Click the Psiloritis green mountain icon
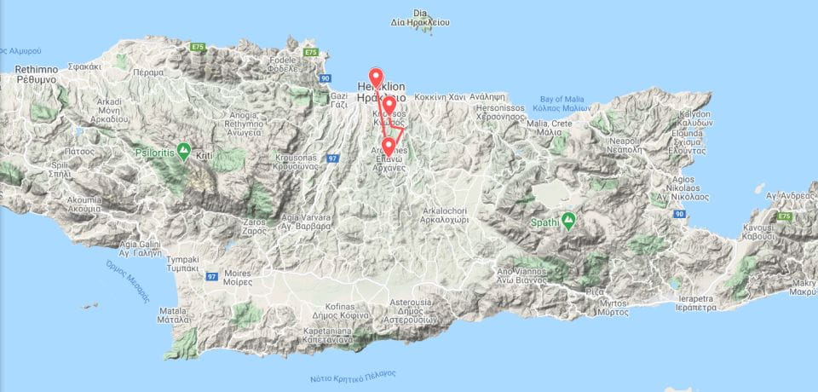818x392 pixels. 181,147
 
